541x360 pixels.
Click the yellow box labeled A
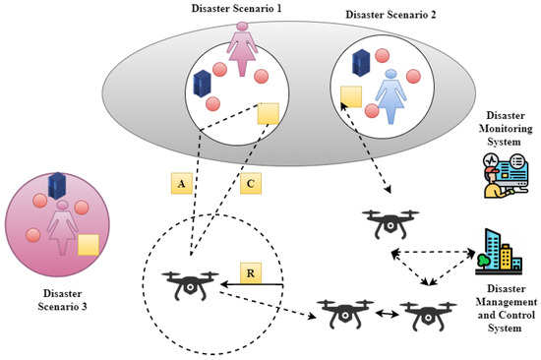pyautogui.click(x=181, y=183)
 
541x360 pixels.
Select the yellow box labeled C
pyautogui.click(x=251, y=183)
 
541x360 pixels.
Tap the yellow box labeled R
pyautogui.click(x=251, y=272)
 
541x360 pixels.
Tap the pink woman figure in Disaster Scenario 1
pyautogui.click(x=241, y=51)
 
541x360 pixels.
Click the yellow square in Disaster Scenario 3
pyautogui.click(x=90, y=245)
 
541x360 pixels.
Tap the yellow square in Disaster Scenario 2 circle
pyautogui.click(x=349, y=96)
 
